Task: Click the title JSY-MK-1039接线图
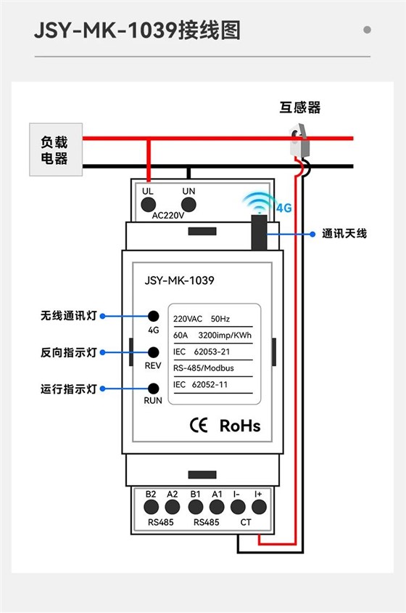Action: (137, 31)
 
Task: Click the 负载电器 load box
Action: (54, 150)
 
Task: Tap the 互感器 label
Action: (299, 108)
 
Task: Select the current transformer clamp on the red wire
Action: (301, 139)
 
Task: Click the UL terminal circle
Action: (149, 205)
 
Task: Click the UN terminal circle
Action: (189, 205)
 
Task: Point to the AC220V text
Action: (168, 216)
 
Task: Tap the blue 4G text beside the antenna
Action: (283, 208)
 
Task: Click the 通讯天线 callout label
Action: (344, 234)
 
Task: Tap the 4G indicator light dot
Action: (153, 316)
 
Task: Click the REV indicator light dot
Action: (153, 352)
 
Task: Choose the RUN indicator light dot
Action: (153, 389)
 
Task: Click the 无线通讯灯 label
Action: (68, 316)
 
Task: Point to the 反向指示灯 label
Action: (68, 352)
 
